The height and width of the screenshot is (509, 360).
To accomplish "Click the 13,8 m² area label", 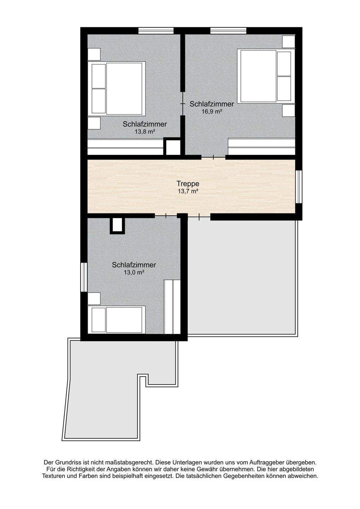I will tap(145, 132).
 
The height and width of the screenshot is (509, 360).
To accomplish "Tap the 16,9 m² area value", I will tap(211, 112).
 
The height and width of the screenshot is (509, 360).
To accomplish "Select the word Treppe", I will tap(188, 184).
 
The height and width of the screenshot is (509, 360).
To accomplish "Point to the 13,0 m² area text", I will tap(134, 273).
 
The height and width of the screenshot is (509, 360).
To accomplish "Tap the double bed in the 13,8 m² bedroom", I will tap(117, 88).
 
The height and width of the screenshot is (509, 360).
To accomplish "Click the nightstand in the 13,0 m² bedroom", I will tap(94, 299).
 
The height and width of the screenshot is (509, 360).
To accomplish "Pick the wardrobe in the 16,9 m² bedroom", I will tap(261, 147).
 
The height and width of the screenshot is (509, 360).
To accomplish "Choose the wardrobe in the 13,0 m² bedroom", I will tap(172, 307).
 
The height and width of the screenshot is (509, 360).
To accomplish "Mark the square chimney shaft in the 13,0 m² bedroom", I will tap(117, 225).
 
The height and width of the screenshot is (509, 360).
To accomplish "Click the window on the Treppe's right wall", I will tap(299, 187).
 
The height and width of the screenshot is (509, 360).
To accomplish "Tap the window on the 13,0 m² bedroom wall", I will tap(83, 277).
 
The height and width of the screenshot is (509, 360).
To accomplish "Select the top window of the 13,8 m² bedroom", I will tap(156, 31).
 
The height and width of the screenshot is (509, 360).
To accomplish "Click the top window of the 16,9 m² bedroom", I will tap(228, 31).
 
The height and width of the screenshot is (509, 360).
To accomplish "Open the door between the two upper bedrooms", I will tap(182, 104).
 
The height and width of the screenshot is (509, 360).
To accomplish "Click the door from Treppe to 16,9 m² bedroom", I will tap(213, 157).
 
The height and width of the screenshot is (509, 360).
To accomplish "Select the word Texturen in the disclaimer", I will tap(54, 476).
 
